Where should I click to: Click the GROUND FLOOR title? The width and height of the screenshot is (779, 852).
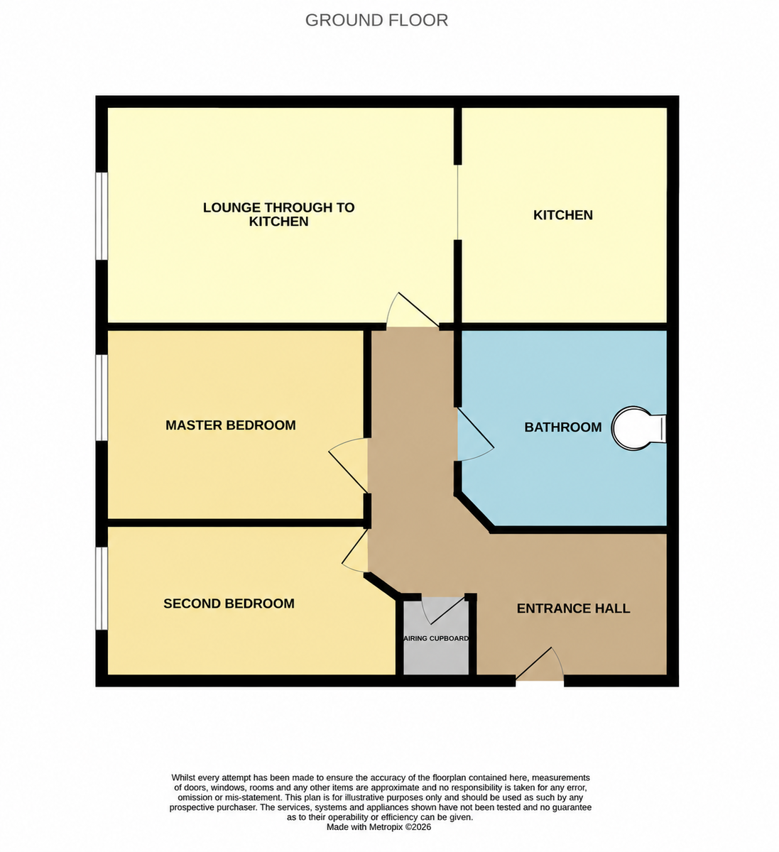376,21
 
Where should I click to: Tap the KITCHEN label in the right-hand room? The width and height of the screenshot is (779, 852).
562,215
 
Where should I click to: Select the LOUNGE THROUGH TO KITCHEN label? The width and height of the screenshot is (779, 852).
278,214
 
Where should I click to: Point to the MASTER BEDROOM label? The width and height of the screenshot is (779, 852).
230,425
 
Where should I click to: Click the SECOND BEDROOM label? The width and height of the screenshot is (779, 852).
229,603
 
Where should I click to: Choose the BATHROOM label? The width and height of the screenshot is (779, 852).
562,427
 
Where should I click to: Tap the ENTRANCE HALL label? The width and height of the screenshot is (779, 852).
573,608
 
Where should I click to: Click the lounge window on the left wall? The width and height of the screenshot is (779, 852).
101,216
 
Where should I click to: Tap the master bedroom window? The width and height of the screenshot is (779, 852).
101,398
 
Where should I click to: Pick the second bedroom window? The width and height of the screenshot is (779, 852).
101,589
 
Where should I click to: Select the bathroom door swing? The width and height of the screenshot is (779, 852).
475,434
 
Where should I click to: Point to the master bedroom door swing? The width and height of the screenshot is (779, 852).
349,466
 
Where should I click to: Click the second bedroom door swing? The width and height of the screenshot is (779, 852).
355,551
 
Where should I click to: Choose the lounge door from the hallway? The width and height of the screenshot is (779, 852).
413,310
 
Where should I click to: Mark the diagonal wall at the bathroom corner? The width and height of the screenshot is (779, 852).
474,513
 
